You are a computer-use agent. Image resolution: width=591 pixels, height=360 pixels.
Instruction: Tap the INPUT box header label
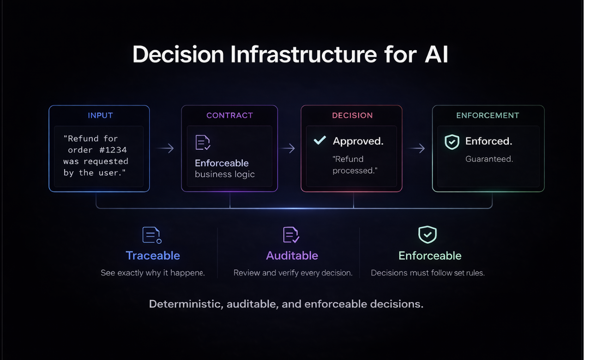(100, 115)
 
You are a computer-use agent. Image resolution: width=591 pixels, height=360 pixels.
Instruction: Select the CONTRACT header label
(229, 115)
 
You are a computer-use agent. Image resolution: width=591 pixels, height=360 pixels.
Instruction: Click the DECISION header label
(352, 115)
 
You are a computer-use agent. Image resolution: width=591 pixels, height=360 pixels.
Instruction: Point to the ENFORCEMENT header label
(488, 115)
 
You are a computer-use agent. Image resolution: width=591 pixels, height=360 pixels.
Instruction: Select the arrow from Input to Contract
(165, 148)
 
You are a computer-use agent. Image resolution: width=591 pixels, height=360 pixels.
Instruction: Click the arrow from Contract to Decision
(289, 148)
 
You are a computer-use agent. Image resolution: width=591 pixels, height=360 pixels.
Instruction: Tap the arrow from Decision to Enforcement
(417, 148)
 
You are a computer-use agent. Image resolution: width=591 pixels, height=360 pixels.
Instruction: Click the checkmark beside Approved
(320, 140)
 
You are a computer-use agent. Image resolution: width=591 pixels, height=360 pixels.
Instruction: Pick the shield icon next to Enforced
(452, 142)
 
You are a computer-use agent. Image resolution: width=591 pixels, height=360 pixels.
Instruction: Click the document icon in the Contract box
(203, 143)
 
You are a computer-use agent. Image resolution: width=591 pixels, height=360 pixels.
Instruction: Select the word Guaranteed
(489, 159)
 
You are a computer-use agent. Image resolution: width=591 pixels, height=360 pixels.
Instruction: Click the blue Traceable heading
(153, 255)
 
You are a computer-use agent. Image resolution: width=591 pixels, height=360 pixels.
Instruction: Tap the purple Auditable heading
(292, 255)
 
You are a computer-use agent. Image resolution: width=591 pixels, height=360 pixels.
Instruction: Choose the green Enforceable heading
(430, 255)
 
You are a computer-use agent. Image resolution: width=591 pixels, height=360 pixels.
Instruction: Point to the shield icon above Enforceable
(428, 234)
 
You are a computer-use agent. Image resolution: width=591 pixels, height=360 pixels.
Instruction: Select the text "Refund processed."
(355, 165)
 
